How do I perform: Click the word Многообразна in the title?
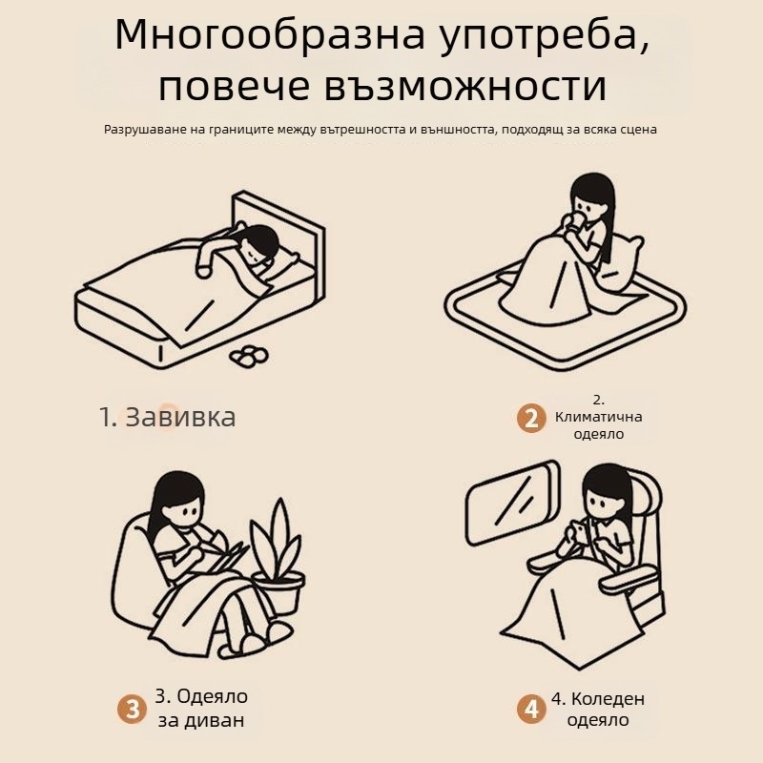(x=271, y=36)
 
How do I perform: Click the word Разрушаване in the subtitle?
(x=139, y=130)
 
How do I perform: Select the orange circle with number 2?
(x=531, y=418)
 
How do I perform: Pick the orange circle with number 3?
(x=132, y=709)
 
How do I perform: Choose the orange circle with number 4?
(x=531, y=709)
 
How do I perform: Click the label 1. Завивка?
(x=168, y=417)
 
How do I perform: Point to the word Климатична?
(x=599, y=417)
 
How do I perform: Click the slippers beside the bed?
(x=249, y=356)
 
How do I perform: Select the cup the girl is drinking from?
(x=578, y=223)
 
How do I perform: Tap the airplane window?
(x=512, y=503)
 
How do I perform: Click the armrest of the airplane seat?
(x=630, y=579)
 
